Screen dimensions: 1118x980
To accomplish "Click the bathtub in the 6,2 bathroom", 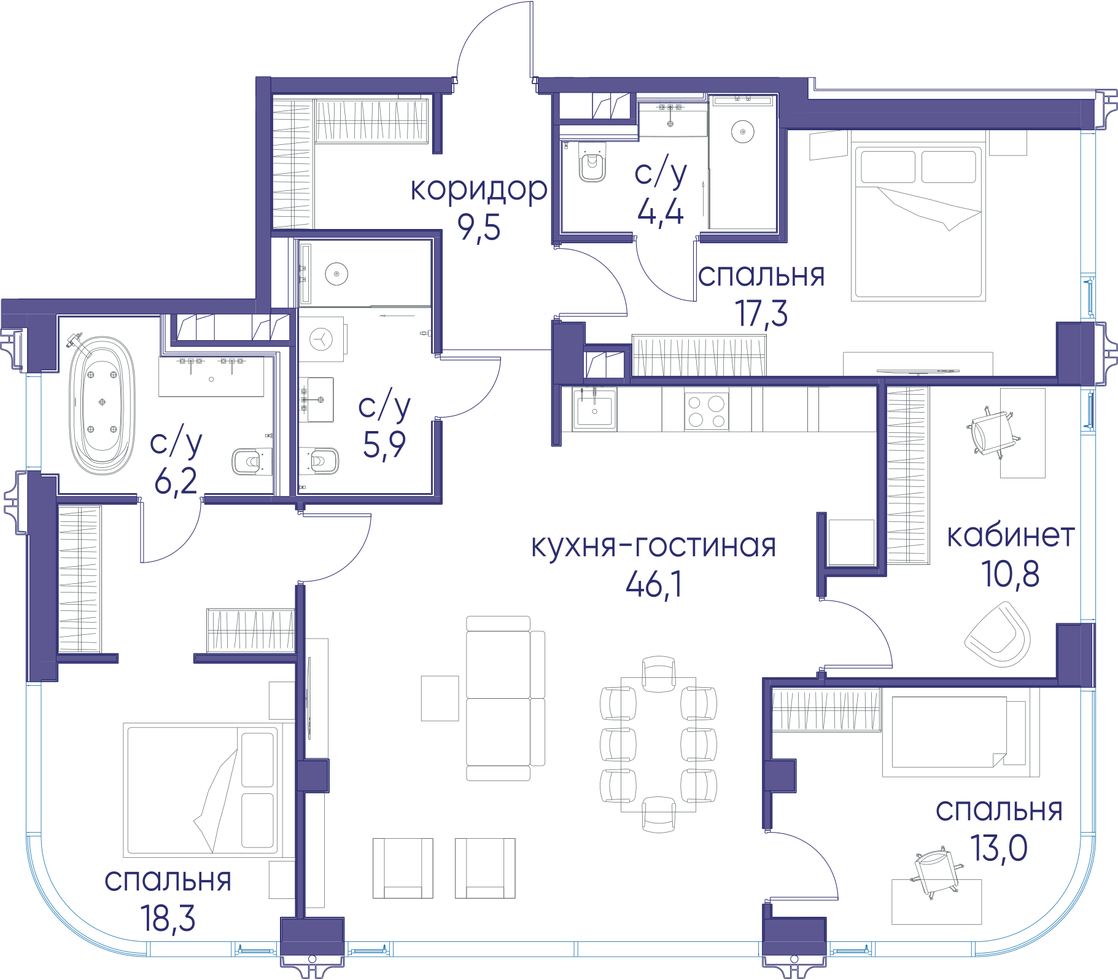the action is click(102, 405).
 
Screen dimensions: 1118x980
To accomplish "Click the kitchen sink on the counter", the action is click(594, 408).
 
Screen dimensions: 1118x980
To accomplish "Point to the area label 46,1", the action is click(654, 584).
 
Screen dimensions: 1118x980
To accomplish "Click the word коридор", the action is click(479, 189).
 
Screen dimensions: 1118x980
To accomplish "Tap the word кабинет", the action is click(1011, 535).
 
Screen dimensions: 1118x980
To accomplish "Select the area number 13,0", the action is click(999, 848).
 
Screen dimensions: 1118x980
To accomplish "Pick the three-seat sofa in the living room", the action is click(505, 698).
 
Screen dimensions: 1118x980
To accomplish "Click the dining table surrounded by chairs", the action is click(658, 745).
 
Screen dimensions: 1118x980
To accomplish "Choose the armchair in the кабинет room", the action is click(997, 634).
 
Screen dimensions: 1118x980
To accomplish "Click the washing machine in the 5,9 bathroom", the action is click(322, 339).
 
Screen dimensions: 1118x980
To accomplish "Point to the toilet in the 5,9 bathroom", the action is click(319, 461).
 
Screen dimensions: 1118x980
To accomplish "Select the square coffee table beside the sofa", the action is click(440, 698).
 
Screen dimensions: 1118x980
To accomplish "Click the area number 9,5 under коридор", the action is click(479, 228).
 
